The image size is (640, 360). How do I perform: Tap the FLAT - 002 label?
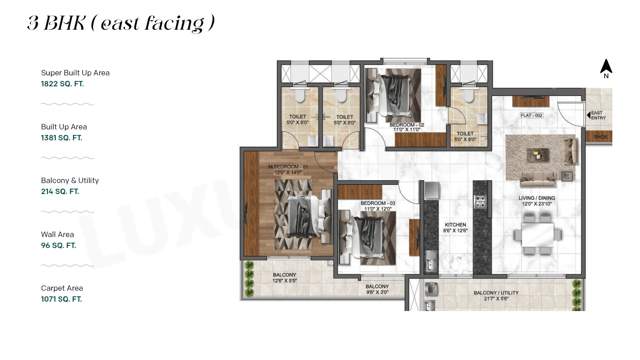531,115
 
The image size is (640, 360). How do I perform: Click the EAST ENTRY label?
598,115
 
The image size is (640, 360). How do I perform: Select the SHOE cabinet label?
601,137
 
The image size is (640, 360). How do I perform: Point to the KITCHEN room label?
455,225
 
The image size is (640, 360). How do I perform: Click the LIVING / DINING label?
537,198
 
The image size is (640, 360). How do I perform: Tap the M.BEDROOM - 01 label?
288,167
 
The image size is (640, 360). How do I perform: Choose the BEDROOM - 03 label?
378,203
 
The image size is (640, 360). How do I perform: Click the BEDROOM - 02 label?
407,125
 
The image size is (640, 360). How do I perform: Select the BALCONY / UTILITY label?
496,293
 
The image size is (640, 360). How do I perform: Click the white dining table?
537,235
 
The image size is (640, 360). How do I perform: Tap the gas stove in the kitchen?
480,202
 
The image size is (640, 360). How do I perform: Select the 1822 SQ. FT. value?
62,84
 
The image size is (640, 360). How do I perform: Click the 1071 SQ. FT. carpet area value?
61,299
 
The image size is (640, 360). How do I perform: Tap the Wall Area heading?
57,235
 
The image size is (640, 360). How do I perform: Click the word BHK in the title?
65,23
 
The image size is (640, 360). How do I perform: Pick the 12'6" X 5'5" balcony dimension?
284,281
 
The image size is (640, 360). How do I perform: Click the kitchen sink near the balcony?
431,260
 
